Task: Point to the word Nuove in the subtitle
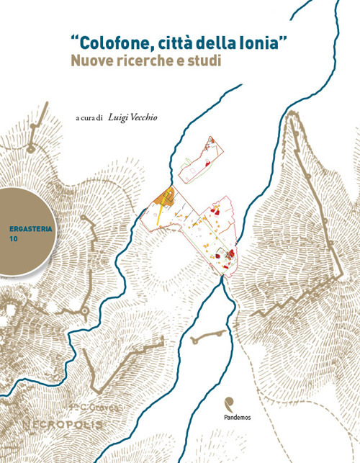[x=90, y=62]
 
